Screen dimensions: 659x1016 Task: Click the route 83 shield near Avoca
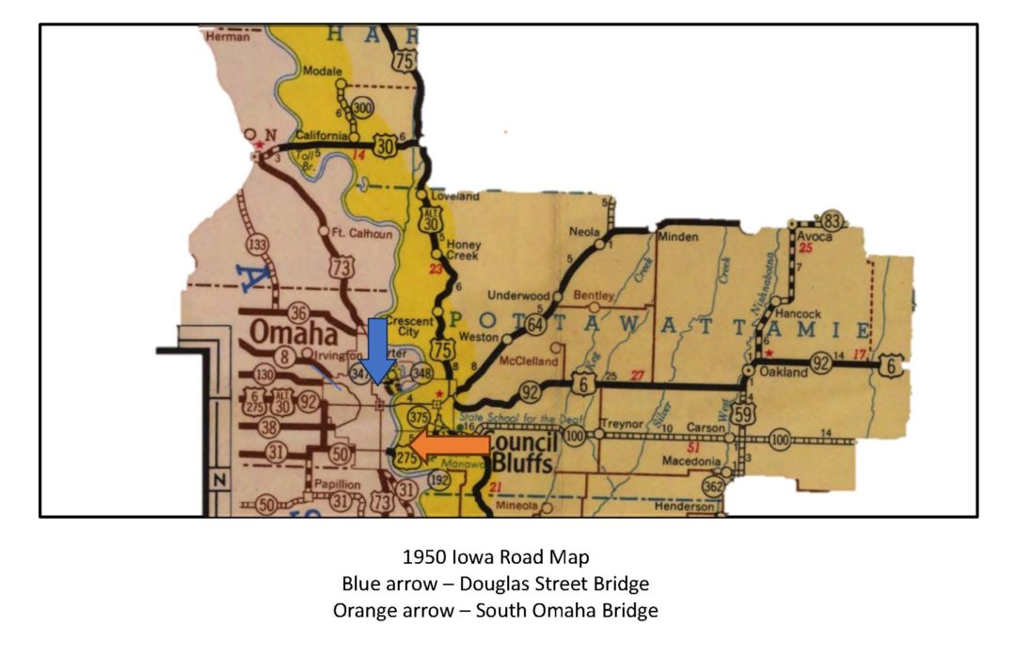coord(831,220)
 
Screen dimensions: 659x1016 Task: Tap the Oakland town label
coord(784,373)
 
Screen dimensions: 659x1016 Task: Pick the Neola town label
coord(585,232)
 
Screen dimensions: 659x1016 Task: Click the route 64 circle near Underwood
coord(536,325)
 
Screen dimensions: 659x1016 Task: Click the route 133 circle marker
coord(257,247)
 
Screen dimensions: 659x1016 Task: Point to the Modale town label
coord(323,72)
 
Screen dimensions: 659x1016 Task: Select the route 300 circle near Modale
coord(362,108)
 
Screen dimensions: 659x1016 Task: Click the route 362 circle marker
coord(714,486)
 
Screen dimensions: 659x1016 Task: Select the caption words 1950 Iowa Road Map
coord(495,558)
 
